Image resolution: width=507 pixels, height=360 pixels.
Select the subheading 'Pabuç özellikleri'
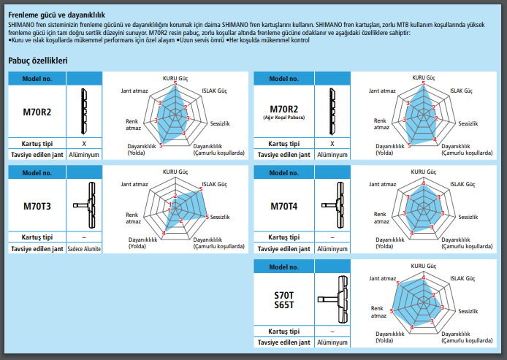coord(37,61)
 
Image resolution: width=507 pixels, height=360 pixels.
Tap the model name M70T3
coord(37,206)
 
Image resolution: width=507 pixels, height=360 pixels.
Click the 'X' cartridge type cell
coord(84,144)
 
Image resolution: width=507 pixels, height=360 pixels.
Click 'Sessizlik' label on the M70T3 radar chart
coord(220,217)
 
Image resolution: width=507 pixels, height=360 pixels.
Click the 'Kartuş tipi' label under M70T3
coord(37,237)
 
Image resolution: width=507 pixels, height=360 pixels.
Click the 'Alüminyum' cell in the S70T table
coord(335,342)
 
